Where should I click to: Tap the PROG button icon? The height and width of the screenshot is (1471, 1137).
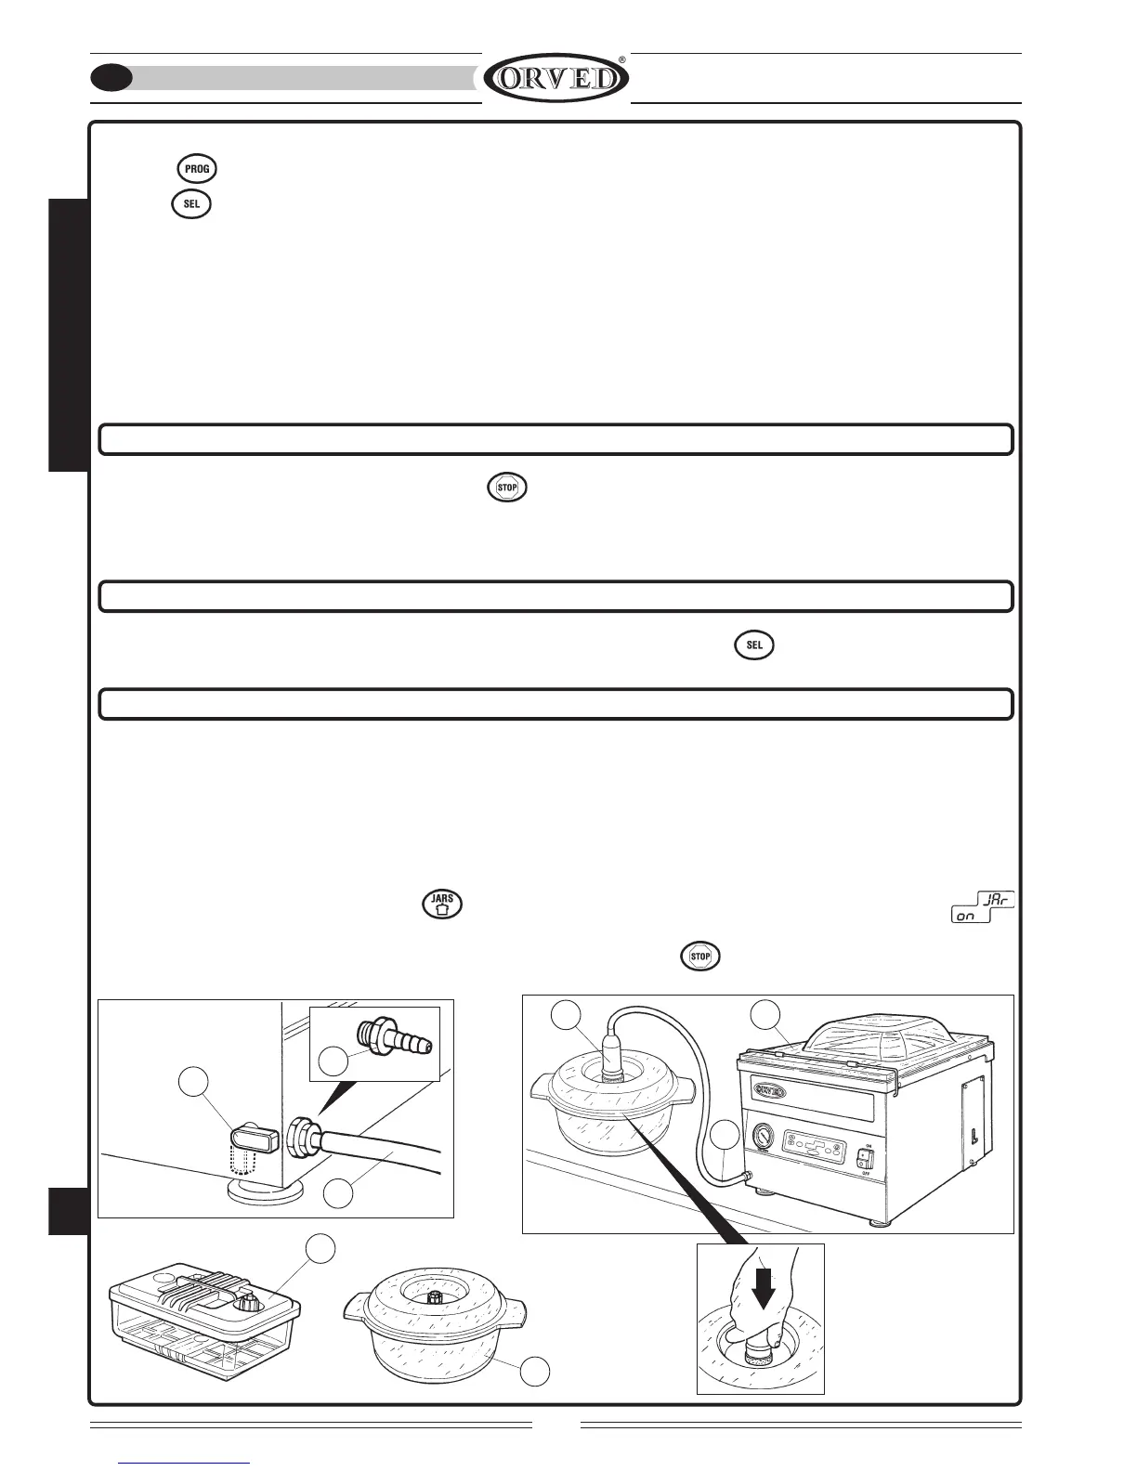197,169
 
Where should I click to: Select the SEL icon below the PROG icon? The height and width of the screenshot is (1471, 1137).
191,204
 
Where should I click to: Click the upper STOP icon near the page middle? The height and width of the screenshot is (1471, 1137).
508,488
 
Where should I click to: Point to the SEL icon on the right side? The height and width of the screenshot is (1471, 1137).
754,645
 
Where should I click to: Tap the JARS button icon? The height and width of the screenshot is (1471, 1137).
443,905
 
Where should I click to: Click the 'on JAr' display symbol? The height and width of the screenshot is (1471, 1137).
983,908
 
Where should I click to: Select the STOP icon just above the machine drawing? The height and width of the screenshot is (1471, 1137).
700,956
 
